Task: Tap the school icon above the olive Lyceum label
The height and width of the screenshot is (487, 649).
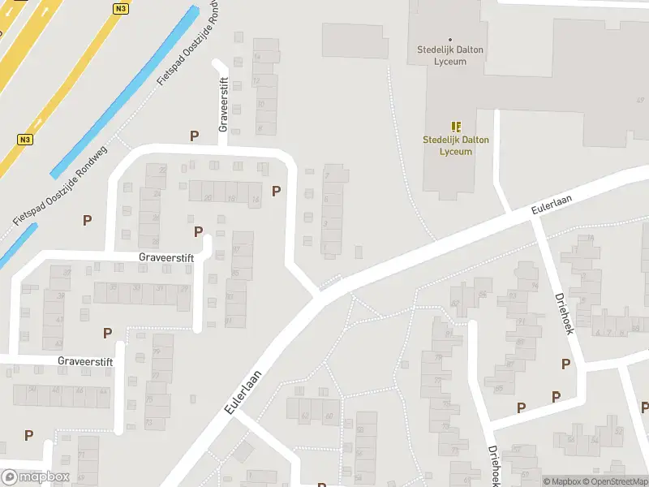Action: pyautogui.click(x=456, y=127)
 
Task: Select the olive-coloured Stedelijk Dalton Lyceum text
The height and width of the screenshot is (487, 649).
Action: pyautogui.click(x=456, y=144)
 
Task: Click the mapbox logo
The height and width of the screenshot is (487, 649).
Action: pyautogui.click(x=36, y=477)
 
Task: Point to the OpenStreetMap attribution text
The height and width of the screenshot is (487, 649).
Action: pyautogui.click(x=614, y=481)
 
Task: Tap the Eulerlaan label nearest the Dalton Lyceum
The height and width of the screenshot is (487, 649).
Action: pyautogui.click(x=547, y=204)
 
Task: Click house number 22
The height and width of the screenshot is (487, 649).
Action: pyautogui.click(x=162, y=170)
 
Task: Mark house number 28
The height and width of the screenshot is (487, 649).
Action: pyautogui.click(x=154, y=241)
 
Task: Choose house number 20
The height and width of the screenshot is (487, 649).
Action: pyautogui.click(x=208, y=198)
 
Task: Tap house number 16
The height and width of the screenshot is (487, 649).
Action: pyautogui.click(x=256, y=198)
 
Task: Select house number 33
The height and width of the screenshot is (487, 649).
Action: pyautogui.click(x=137, y=288)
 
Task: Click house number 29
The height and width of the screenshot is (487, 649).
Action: pyautogui.click(x=184, y=288)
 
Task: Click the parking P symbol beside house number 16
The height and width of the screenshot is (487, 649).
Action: pyautogui.click(x=277, y=192)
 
